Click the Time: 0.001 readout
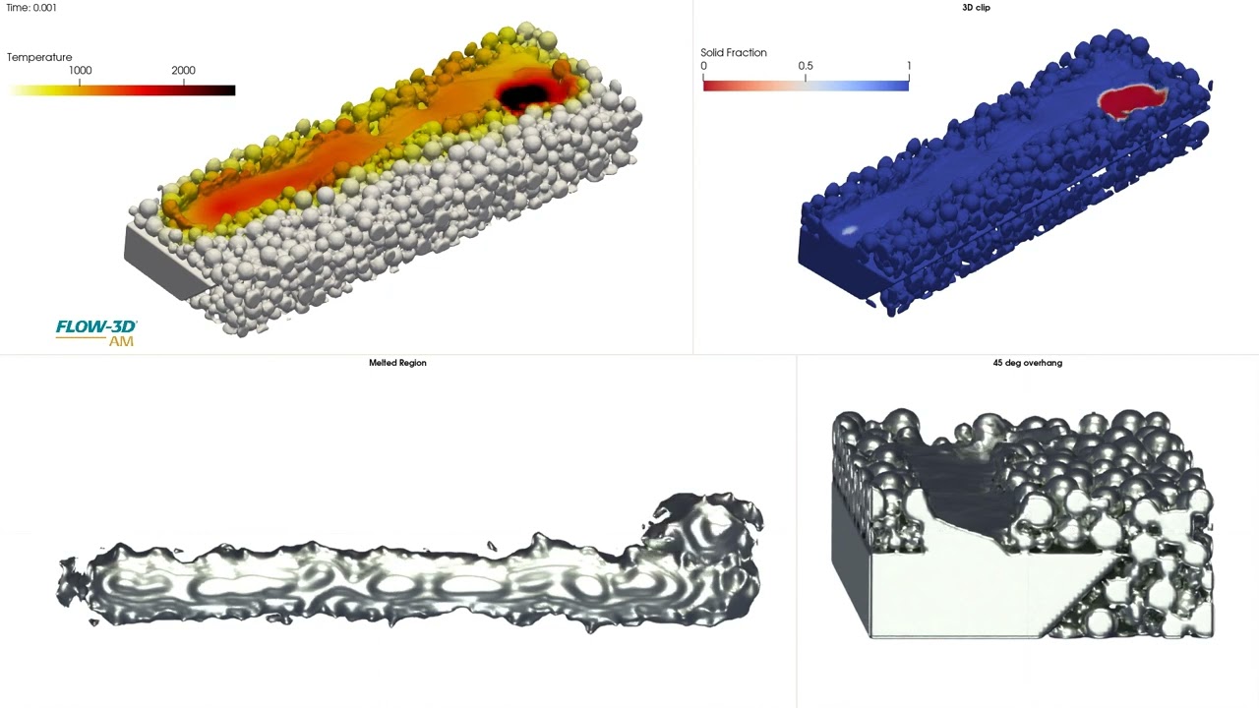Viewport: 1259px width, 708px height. (30, 8)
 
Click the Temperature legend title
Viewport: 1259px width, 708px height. (39, 57)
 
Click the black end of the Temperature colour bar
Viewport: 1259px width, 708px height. (225, 90)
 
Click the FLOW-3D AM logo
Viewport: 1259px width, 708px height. (96, 332)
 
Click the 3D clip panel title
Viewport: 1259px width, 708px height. (977, 8)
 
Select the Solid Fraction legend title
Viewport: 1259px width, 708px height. (734, 53)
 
